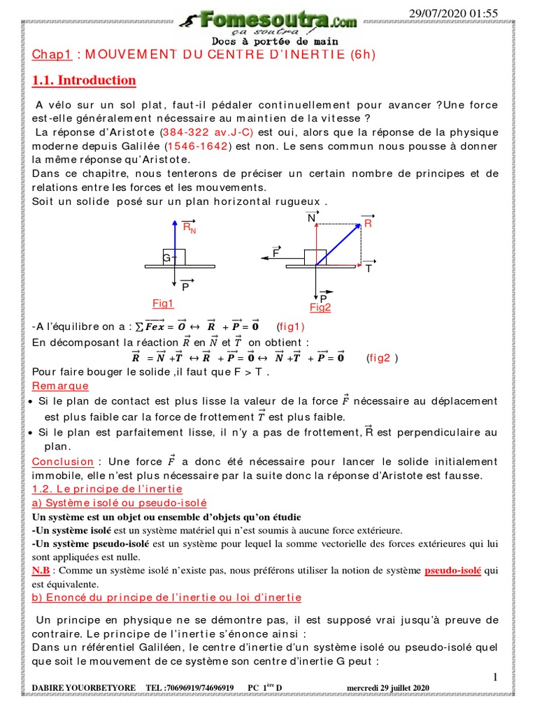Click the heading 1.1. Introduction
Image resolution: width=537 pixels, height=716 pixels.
[84, 80]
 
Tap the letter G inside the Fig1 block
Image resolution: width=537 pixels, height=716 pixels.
[166, 259]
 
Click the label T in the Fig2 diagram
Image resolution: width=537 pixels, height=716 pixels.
[368, 268]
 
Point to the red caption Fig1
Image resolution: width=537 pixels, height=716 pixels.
[163, 303]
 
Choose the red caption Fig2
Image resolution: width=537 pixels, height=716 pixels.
[320, 308]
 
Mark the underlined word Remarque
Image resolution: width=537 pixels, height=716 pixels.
[60, 386]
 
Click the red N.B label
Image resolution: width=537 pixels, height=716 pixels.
[43, 571]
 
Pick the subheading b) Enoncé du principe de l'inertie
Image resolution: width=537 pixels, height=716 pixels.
[166, 597]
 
